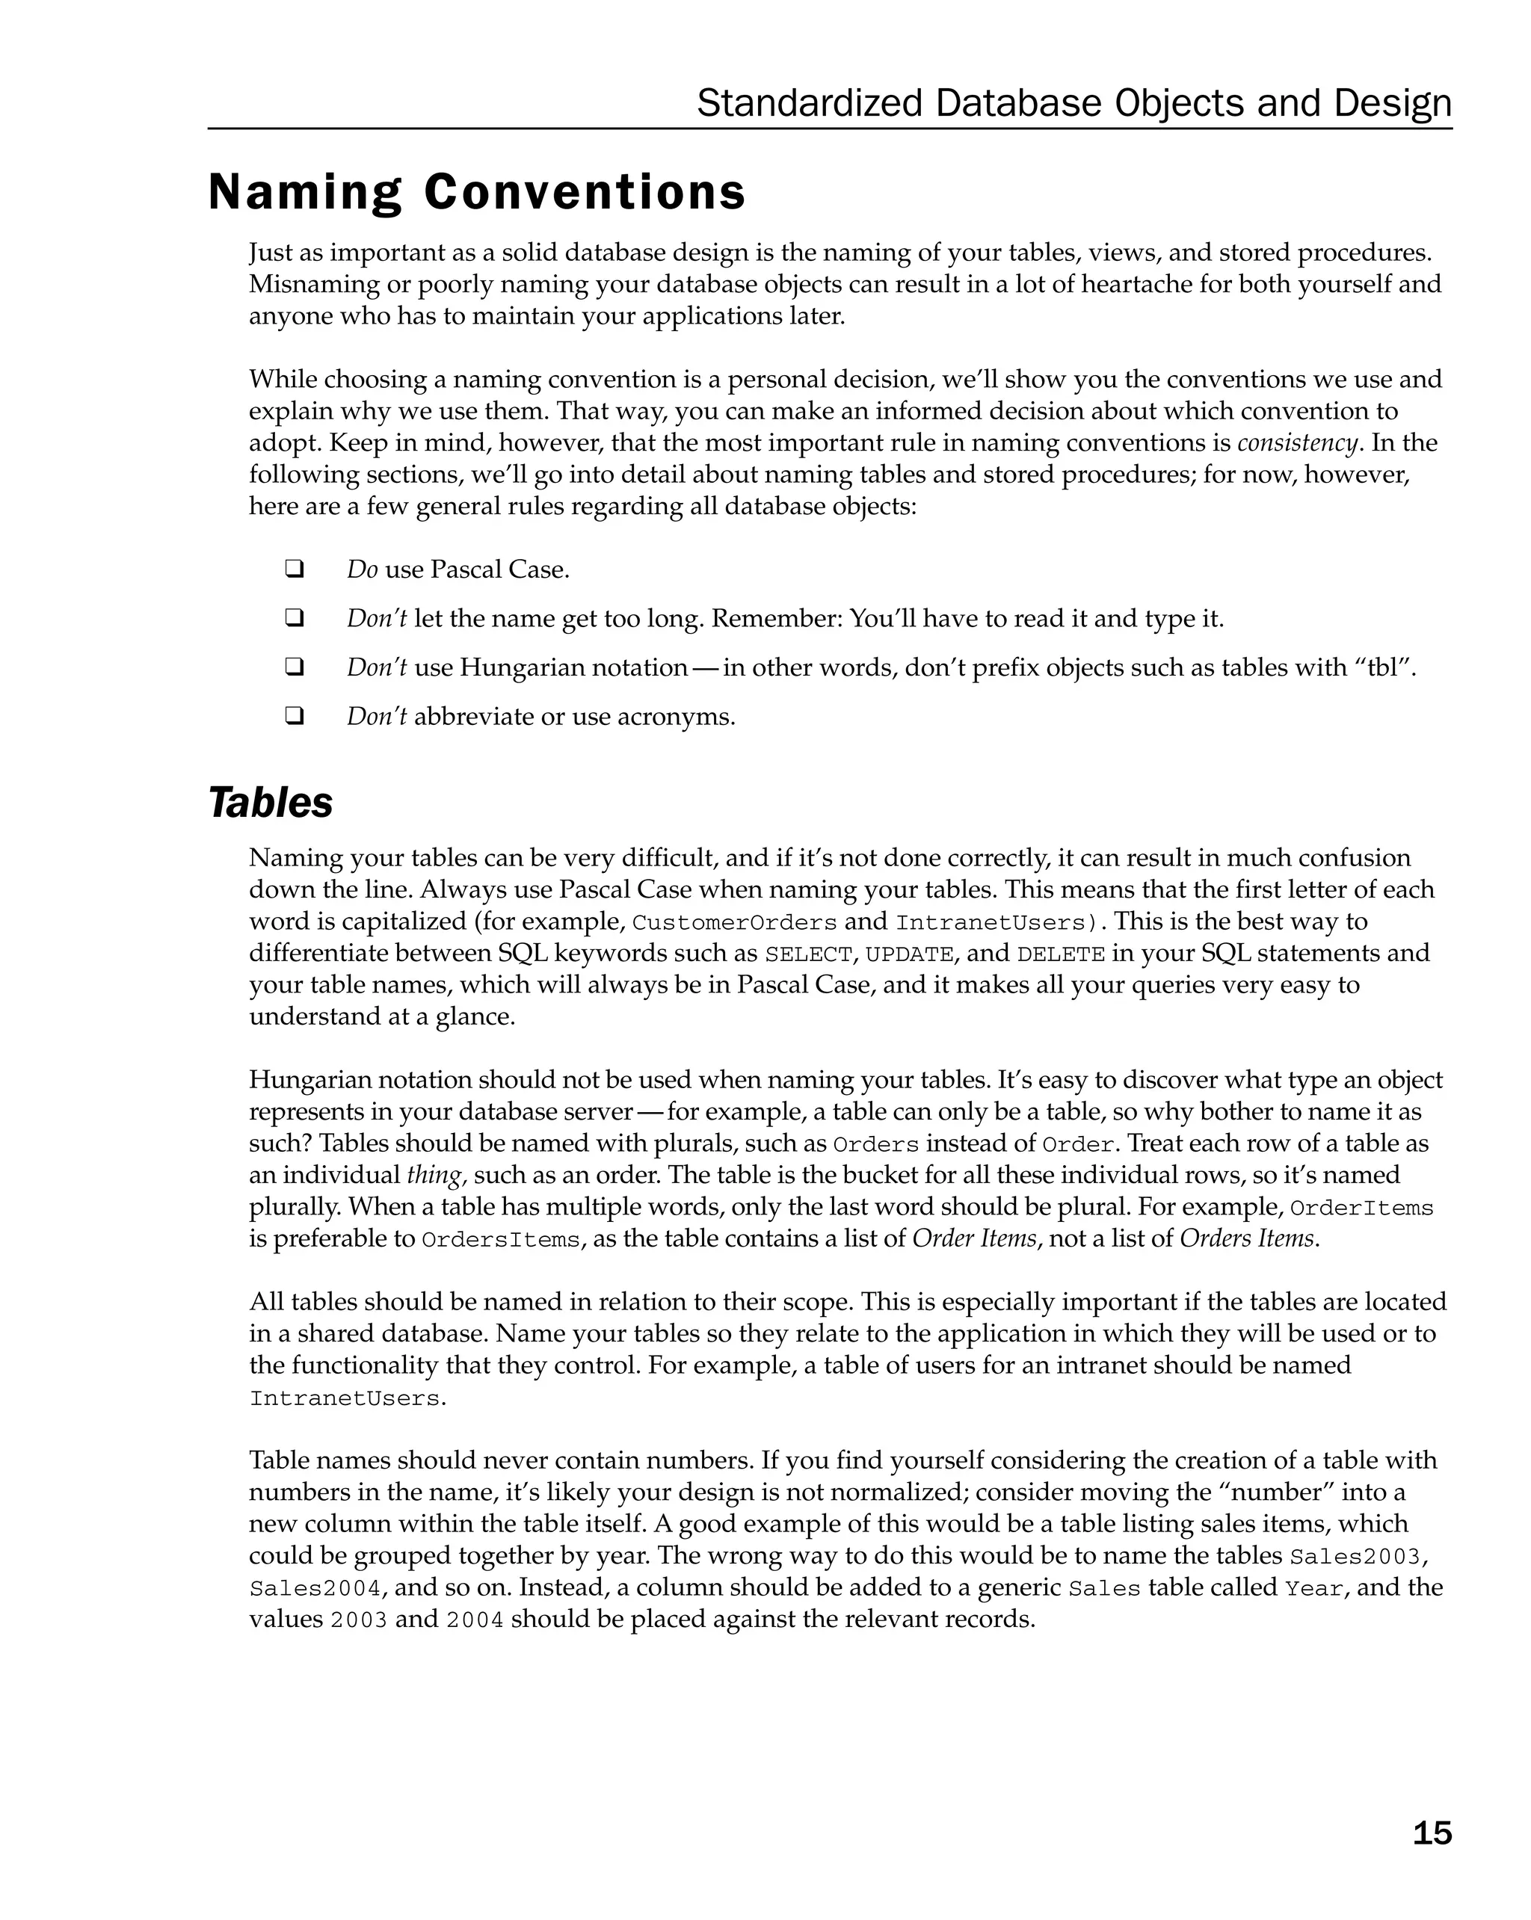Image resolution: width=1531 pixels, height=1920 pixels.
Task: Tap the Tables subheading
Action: (271, 803)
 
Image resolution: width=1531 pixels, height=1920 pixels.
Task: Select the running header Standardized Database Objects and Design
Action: (1073, 103)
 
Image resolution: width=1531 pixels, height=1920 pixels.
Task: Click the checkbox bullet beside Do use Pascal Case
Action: (294, 569)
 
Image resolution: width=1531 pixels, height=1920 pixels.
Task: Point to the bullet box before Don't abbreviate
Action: (294, 716)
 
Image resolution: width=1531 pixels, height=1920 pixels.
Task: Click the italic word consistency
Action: (1299, 442)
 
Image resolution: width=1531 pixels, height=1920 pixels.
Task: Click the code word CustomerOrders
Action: (734, 922)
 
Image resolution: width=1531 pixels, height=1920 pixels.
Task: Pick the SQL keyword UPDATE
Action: (909, 954)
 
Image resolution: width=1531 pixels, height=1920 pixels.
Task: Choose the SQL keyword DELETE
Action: (1061, 954)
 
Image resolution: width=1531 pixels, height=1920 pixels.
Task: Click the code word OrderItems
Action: (1361, 1209)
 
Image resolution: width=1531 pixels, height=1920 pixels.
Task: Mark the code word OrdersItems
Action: (501, 1241)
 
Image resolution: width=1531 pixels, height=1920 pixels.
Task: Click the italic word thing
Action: (436, 1176)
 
